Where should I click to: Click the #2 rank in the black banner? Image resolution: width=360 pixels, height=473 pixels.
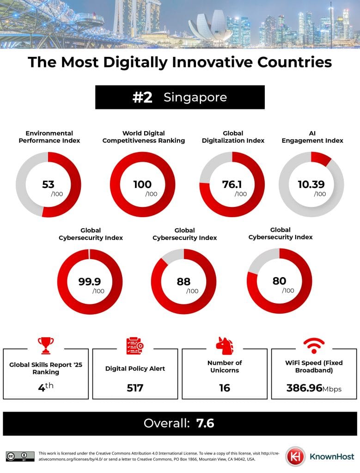pyautogui.click(x=142, y=97)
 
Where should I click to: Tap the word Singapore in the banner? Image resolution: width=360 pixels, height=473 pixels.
pyautogui.click(x=195, y=97)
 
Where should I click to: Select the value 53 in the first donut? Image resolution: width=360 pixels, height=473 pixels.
pyautogui.click(x=48, y=185)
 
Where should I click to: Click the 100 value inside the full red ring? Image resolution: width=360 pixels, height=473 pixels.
pyautogui.click(x=142, y=185)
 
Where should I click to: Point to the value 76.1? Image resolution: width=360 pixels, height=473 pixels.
pyautogui.click(x=232, y=185)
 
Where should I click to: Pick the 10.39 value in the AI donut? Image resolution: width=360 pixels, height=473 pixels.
pyautogui.click(x=311, y=185)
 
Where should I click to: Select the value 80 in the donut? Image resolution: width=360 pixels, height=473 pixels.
pyautogui.click(x=279, y=280)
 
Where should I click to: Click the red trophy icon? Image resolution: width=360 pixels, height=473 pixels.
pyautogui.click(x=45, y=345)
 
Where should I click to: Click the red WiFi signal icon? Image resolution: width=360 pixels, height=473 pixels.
pyautogui.click(x=314, y=345)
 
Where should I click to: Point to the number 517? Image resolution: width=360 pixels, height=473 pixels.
pyautogui.click(x=135, y=388)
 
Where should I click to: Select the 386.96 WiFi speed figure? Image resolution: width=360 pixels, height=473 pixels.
pyautogui.click(x=304, y=388)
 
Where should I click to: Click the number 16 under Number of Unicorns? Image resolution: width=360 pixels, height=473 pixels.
pyautogui.click(x=225, y=388)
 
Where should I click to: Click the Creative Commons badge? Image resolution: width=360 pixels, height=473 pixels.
pyautogui.click(x=20, y=456)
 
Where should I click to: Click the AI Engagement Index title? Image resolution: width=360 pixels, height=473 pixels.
pyautogui.click(x=312, y=137)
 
